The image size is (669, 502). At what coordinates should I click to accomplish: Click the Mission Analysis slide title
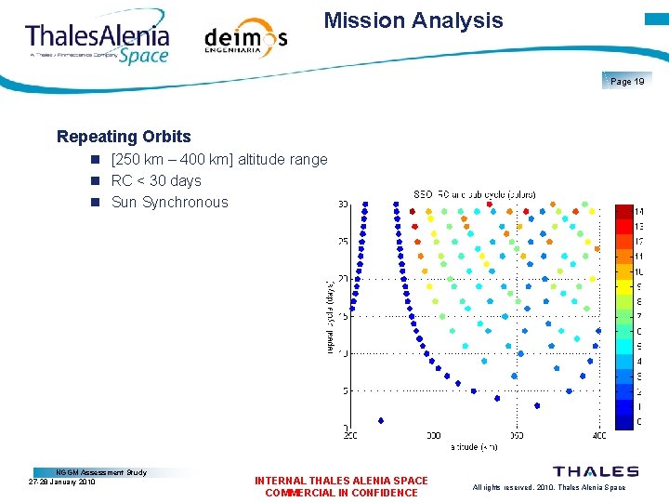413,20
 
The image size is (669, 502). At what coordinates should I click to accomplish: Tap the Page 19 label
627,82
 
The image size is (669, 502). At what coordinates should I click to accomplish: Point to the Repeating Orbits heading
124,137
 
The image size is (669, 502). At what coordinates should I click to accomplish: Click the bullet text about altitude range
219,160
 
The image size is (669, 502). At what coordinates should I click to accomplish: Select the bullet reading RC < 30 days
156,181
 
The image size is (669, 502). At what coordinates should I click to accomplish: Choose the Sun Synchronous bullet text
169,203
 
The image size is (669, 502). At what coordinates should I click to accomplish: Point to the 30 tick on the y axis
343,205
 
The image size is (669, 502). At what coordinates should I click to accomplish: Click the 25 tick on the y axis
343,242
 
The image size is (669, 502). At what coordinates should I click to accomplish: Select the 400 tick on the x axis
598,434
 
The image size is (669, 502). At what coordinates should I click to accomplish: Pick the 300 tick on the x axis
433,434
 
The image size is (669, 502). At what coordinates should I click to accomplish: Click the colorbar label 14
638,212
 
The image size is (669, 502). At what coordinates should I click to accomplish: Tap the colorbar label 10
638,271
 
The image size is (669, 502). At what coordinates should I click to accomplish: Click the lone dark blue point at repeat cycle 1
381,420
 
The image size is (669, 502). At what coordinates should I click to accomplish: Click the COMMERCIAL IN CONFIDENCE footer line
341,493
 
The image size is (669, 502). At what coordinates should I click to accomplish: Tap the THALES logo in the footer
596,472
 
